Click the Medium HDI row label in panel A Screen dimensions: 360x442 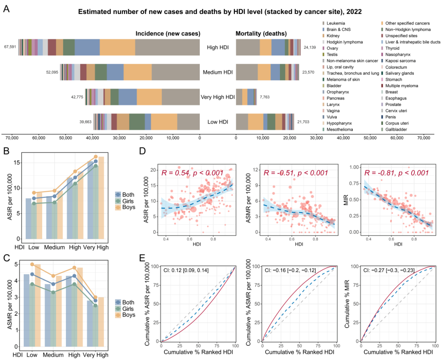[x=218, y=72]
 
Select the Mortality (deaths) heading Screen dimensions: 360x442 [x=261, y=33]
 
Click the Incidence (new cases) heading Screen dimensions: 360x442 [x=168, y=33]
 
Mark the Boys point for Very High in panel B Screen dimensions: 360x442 [x=96, y=156]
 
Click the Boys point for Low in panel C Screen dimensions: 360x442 [x=32, y=264]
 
